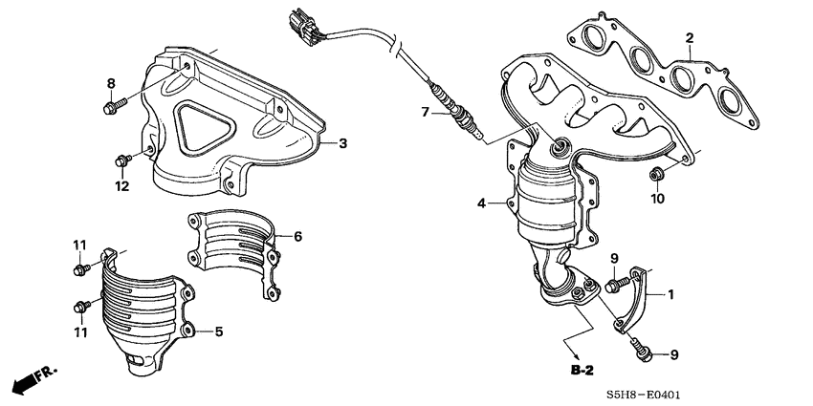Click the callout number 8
pyautogui.click(x=110, y=83)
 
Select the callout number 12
pyautogui.click(x=122, y=186)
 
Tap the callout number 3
pyautogui.click(x=342, y=143)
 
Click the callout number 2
pyautogui.click(x=688, y=38)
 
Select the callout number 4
pyautogui.click(x=483, y=203)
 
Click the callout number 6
pyautogui.click(x=297, y=235)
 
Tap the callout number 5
pyautogui.click(x=218, y=331)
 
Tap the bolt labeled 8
pyautogui.click(x=112, y=105)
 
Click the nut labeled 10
pyautogui.click(x=656, y=174)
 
